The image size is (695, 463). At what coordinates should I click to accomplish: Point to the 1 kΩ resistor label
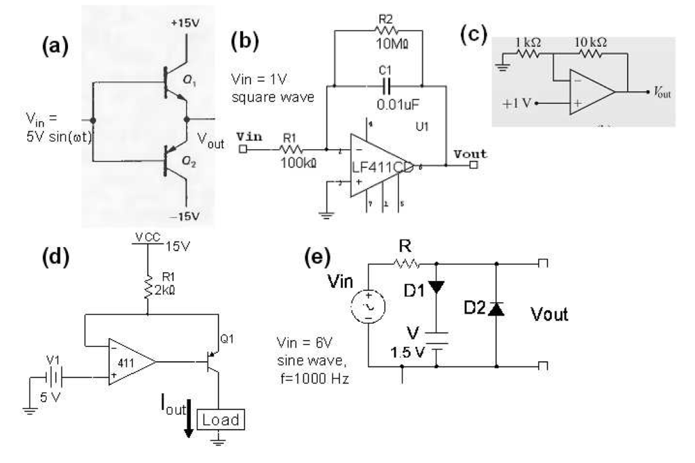(x=528, y=42)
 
